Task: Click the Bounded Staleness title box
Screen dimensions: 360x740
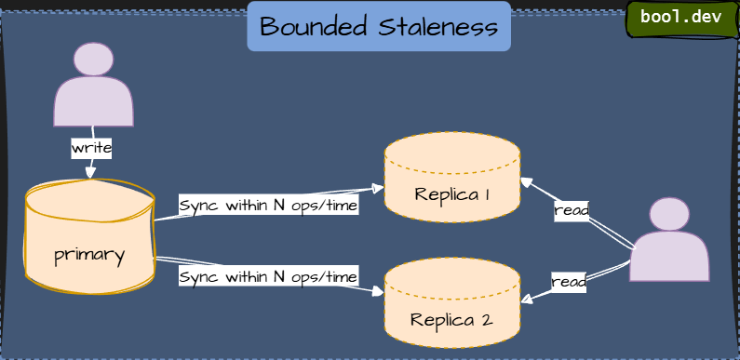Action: [x=379, y=26]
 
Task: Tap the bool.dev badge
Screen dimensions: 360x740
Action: [x=680, y=19]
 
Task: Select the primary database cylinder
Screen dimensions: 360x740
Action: [x=89, y=237]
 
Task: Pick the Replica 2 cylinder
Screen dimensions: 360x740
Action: [x=452, y=302]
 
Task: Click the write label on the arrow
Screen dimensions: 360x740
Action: [x=91, y=148]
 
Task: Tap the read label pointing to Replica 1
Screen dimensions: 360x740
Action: [x=572, y=210]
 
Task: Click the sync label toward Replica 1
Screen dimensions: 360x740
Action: [x=268, y=205]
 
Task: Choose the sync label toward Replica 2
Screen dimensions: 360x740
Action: [x=268, y=276]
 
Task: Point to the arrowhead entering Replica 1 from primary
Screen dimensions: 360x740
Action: [x=379, y=188]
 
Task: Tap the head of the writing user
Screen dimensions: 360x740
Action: [x=93, y=60]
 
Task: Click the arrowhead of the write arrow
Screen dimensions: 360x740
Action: [x=90, y=172]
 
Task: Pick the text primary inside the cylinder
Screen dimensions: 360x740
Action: [x=89, y=254]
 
